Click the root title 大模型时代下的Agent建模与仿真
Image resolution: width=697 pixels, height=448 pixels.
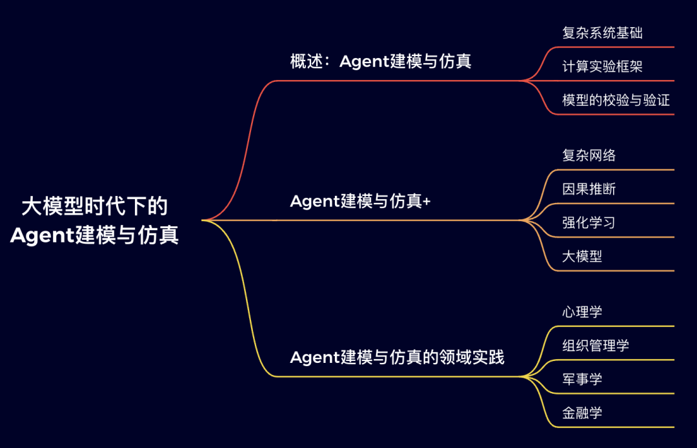coord(94,220)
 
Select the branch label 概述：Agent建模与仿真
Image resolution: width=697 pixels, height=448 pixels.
coord(381,61)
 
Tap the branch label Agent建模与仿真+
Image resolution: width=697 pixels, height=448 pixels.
coord(360,201)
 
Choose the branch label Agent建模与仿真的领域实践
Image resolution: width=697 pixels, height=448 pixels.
coord(397,357)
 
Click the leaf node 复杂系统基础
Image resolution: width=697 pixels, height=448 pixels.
coord(602,32)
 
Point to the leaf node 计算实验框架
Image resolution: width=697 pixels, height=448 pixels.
coord(602,66)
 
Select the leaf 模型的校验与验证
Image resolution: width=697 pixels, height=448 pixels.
coord(616,100)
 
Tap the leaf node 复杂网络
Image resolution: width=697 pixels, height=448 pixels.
coord(589,155)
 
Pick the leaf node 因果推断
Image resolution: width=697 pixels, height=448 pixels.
coord(589,189)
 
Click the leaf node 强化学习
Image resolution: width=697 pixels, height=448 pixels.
coord(589,222)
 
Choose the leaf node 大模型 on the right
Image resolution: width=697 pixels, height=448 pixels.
coord(582,256)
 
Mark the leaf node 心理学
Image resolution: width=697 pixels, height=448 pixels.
coord(582,312)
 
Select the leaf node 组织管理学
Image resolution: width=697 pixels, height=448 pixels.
coord(595,346)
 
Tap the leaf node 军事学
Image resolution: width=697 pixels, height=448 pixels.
coord(582,379)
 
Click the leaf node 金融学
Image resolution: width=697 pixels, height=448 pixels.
coord(582,413)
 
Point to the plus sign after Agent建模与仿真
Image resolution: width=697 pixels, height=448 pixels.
coord(427,202)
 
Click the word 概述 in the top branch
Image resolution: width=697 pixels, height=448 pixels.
coord(307,61)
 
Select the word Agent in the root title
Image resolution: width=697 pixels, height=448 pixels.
coord(42,235)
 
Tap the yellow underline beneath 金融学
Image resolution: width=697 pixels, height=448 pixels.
coord(616,427)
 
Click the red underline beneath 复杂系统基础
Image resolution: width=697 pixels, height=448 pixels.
coord(616,46)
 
